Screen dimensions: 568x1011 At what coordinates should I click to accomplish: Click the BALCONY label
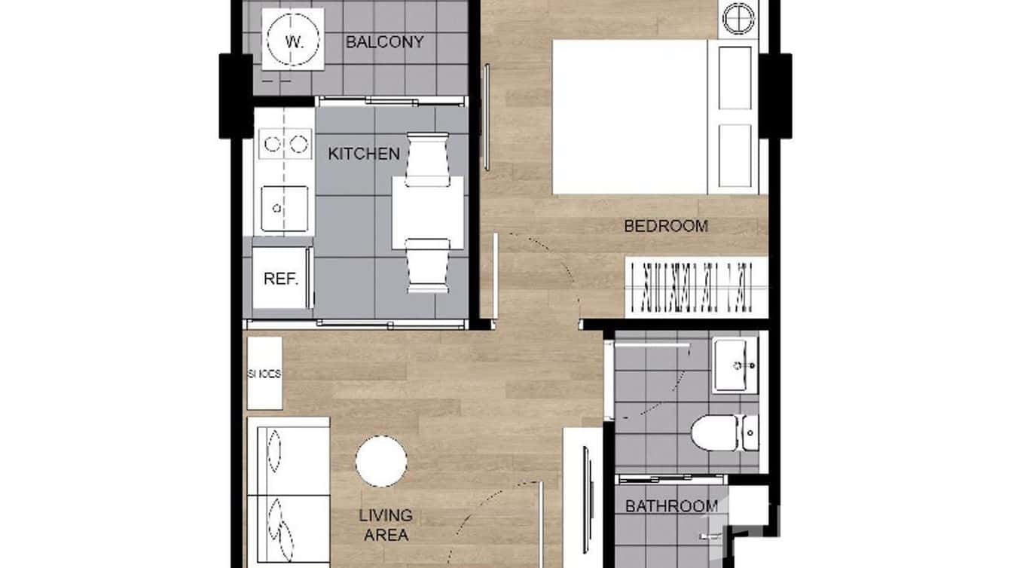pyautogui.click(x=384, y=42)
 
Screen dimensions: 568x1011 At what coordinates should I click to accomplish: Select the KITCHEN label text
pyautogui.click(x=364, y=154)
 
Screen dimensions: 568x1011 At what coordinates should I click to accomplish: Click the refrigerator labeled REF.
pyautogui.click(x=281, y=278)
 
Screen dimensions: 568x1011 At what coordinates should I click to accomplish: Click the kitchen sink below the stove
pyautogui.click(x=284, y=209)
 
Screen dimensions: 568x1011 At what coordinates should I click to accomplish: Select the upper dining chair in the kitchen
pyautogui.click(x=427, y=159)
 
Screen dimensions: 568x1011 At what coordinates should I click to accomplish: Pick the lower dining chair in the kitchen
pyautogui.click(x=427, y=265)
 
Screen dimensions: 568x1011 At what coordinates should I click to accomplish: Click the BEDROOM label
pyautogui.click(x=666, y=225)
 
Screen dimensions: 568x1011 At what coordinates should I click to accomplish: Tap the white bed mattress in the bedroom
pyautogui.click(x=629, y=117)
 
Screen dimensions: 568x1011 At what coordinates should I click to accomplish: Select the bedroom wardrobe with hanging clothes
pyautogui.click(x=696, y=288)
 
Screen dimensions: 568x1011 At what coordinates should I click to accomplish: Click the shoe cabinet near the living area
pyautogui.click(x=264, y=373)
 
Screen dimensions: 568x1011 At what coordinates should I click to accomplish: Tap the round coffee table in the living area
pyautogui.click(x=381, y=461)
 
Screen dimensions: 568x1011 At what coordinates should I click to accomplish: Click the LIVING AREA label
pyautogui.click(x=386, y=525)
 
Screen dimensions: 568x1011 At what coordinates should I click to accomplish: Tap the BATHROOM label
pyautogui.click(x=671, y=506)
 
